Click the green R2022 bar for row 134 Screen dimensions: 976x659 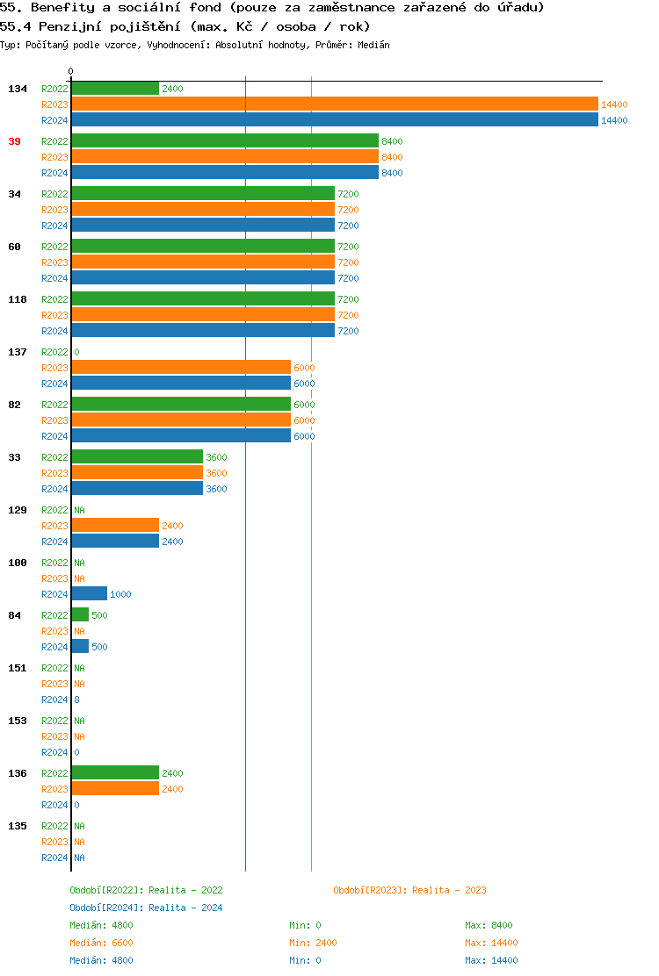(115, 89)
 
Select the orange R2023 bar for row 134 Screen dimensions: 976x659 (334, 104)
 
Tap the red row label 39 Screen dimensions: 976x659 (15, 141)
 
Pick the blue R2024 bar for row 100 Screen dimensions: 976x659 (89, 594)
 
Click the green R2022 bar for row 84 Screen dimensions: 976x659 (80, 615)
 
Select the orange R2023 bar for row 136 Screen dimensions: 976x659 (115, 789)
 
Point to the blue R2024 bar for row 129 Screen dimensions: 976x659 (115, 542)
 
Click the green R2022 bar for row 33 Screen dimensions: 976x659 (137, 457)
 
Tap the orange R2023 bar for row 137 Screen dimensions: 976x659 (181, 368)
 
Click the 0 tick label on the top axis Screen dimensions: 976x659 (71, 72)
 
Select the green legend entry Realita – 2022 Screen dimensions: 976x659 (146, 890)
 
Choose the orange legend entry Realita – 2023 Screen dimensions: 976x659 (409, 890)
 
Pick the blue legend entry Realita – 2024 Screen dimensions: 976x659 (146, 908)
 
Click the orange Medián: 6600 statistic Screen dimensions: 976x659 (101, 943)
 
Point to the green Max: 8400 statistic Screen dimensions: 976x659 (489, 925)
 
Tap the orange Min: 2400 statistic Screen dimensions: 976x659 (313, 943)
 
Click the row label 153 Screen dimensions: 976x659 (18, 721)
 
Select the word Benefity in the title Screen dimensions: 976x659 (61, 8)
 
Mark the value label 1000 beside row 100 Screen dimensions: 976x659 (120, 595)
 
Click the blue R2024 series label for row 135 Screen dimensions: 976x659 (54, 858)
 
